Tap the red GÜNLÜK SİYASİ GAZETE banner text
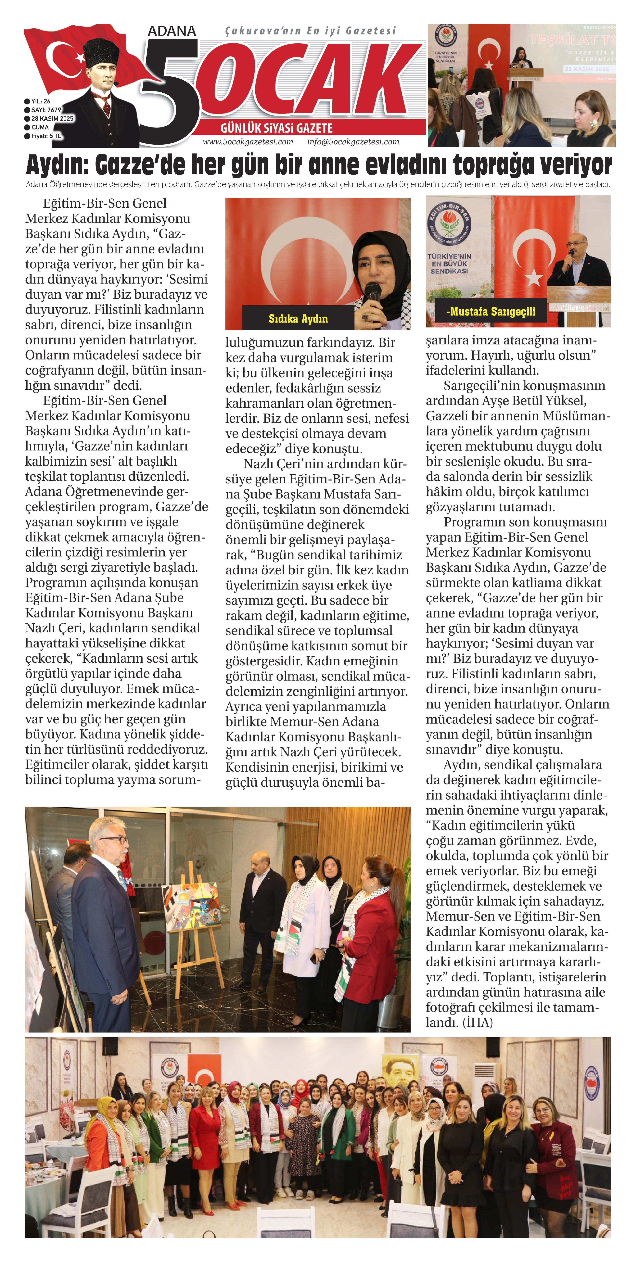[x=276, y=128]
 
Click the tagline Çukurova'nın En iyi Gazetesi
[x=310, y=31]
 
